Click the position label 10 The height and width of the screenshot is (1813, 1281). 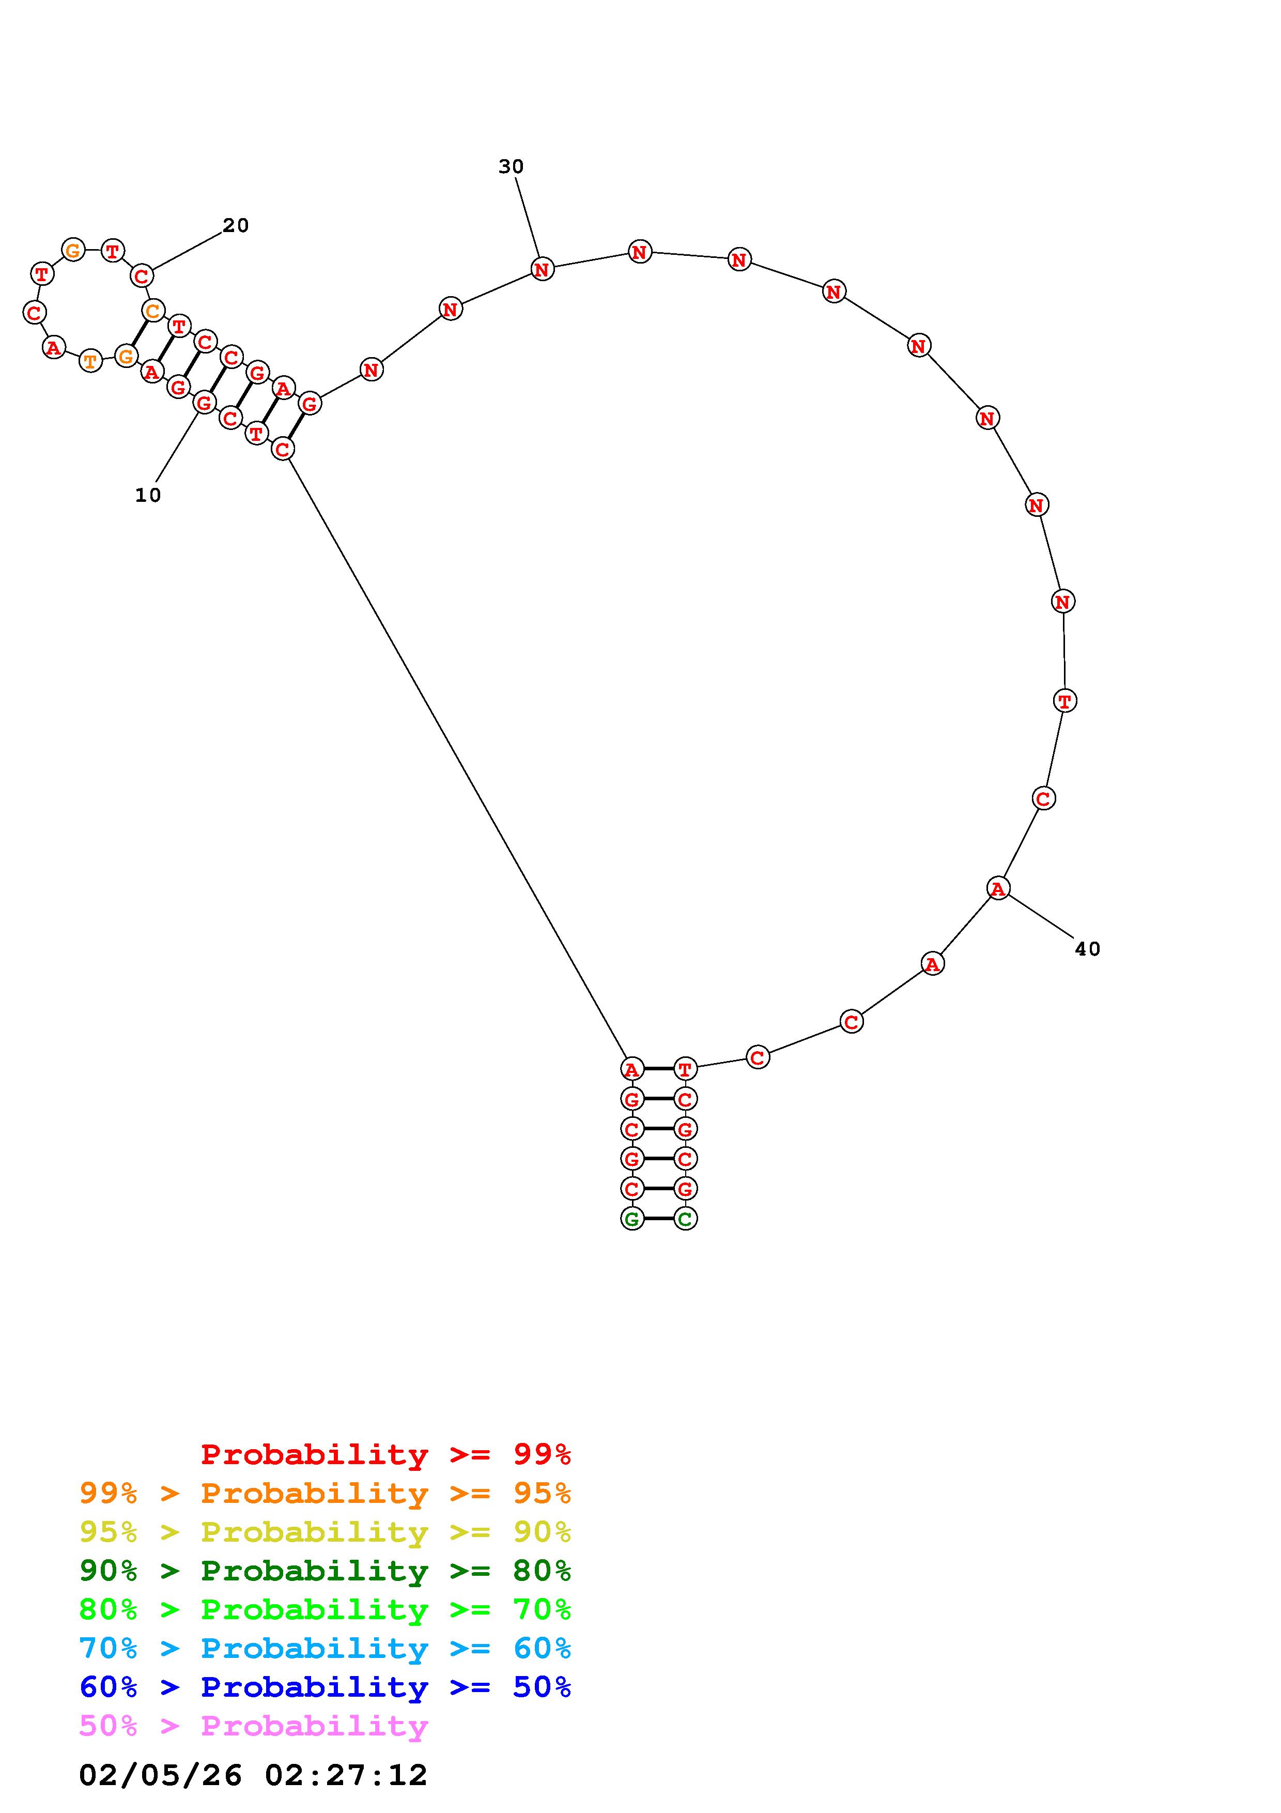coord(148,495)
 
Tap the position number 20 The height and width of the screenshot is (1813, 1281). coord(235,226)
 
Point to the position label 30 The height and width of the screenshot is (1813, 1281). coord(511,166)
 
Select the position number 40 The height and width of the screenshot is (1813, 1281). coord(1087,949)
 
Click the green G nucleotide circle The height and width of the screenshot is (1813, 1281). coord(631,1219)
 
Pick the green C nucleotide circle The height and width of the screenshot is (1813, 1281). coord(685,1219)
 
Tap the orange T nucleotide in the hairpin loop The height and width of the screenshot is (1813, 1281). coord(91,362)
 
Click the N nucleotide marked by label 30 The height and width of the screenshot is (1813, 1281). coord(542,269)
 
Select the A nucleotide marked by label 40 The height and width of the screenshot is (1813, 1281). coord(998,888)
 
